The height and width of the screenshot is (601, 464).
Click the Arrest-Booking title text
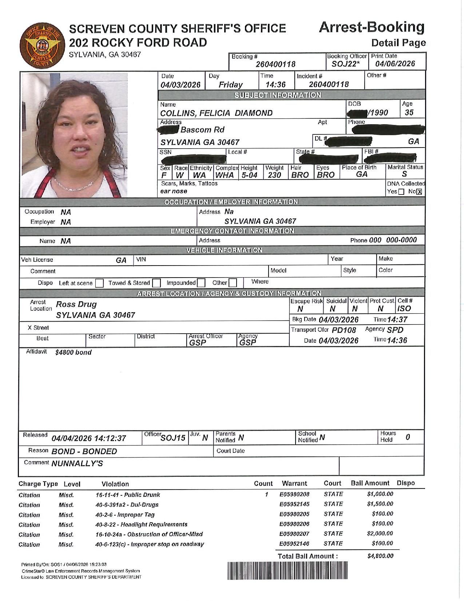pos(372,27)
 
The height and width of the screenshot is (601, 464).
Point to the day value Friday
pos(230,85)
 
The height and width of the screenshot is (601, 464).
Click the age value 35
pos(409,113)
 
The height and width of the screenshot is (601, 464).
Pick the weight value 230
pos(274,175)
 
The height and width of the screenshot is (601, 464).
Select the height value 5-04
pos(249,175)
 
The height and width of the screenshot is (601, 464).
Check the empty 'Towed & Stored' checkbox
pos(156,283)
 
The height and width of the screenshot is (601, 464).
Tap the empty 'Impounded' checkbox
pos(201,283)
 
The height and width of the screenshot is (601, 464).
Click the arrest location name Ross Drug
pos(76,304)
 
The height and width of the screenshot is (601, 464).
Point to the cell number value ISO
pos(404,309)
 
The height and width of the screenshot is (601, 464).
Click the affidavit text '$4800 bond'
pos(73,352)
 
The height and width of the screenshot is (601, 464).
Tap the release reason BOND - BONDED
pos(84,452)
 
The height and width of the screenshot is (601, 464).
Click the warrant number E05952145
pos(294,504)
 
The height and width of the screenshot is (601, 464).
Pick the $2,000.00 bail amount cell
pos(380,534)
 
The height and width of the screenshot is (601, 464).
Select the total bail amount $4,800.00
pos(380,556)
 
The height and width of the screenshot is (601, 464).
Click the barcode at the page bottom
pos(287,571)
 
